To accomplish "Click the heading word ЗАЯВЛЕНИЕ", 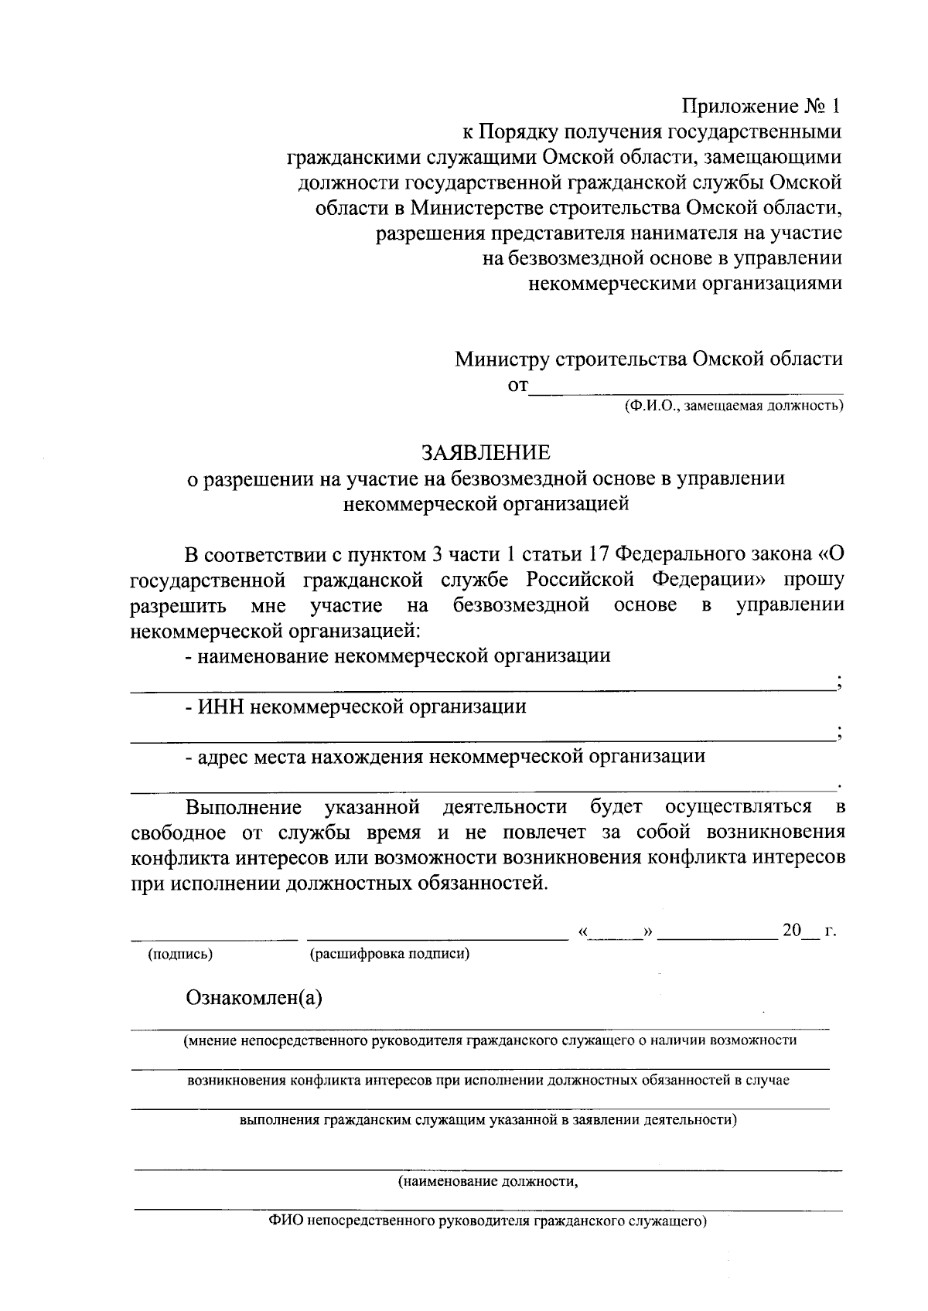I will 485,452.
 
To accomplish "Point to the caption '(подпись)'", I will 180,954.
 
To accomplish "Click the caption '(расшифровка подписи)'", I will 390,954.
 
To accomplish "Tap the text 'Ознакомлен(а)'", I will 254,998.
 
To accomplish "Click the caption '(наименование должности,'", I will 488,1182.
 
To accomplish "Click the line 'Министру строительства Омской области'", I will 648,359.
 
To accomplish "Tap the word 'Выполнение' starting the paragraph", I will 244,808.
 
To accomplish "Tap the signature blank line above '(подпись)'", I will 213,936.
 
